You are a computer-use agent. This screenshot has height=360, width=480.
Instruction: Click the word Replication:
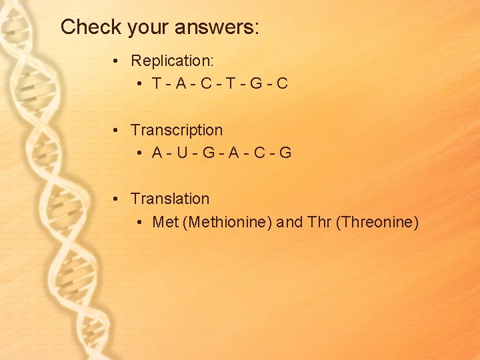(172, 61)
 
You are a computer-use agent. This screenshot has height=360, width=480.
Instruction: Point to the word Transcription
(177, 130)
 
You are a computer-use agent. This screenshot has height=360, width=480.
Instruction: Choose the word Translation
(170, 199)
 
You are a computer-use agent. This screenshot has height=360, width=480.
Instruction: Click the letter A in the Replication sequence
(179, 84)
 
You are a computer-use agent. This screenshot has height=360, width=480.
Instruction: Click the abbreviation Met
(165, 222)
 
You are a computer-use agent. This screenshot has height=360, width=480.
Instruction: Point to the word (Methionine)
(227, 222)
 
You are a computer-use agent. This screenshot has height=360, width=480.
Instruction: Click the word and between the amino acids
(289, 222)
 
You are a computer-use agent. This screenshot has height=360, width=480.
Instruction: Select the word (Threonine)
(377, 222)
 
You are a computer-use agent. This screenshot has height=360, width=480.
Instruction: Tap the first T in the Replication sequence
(157, 84)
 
